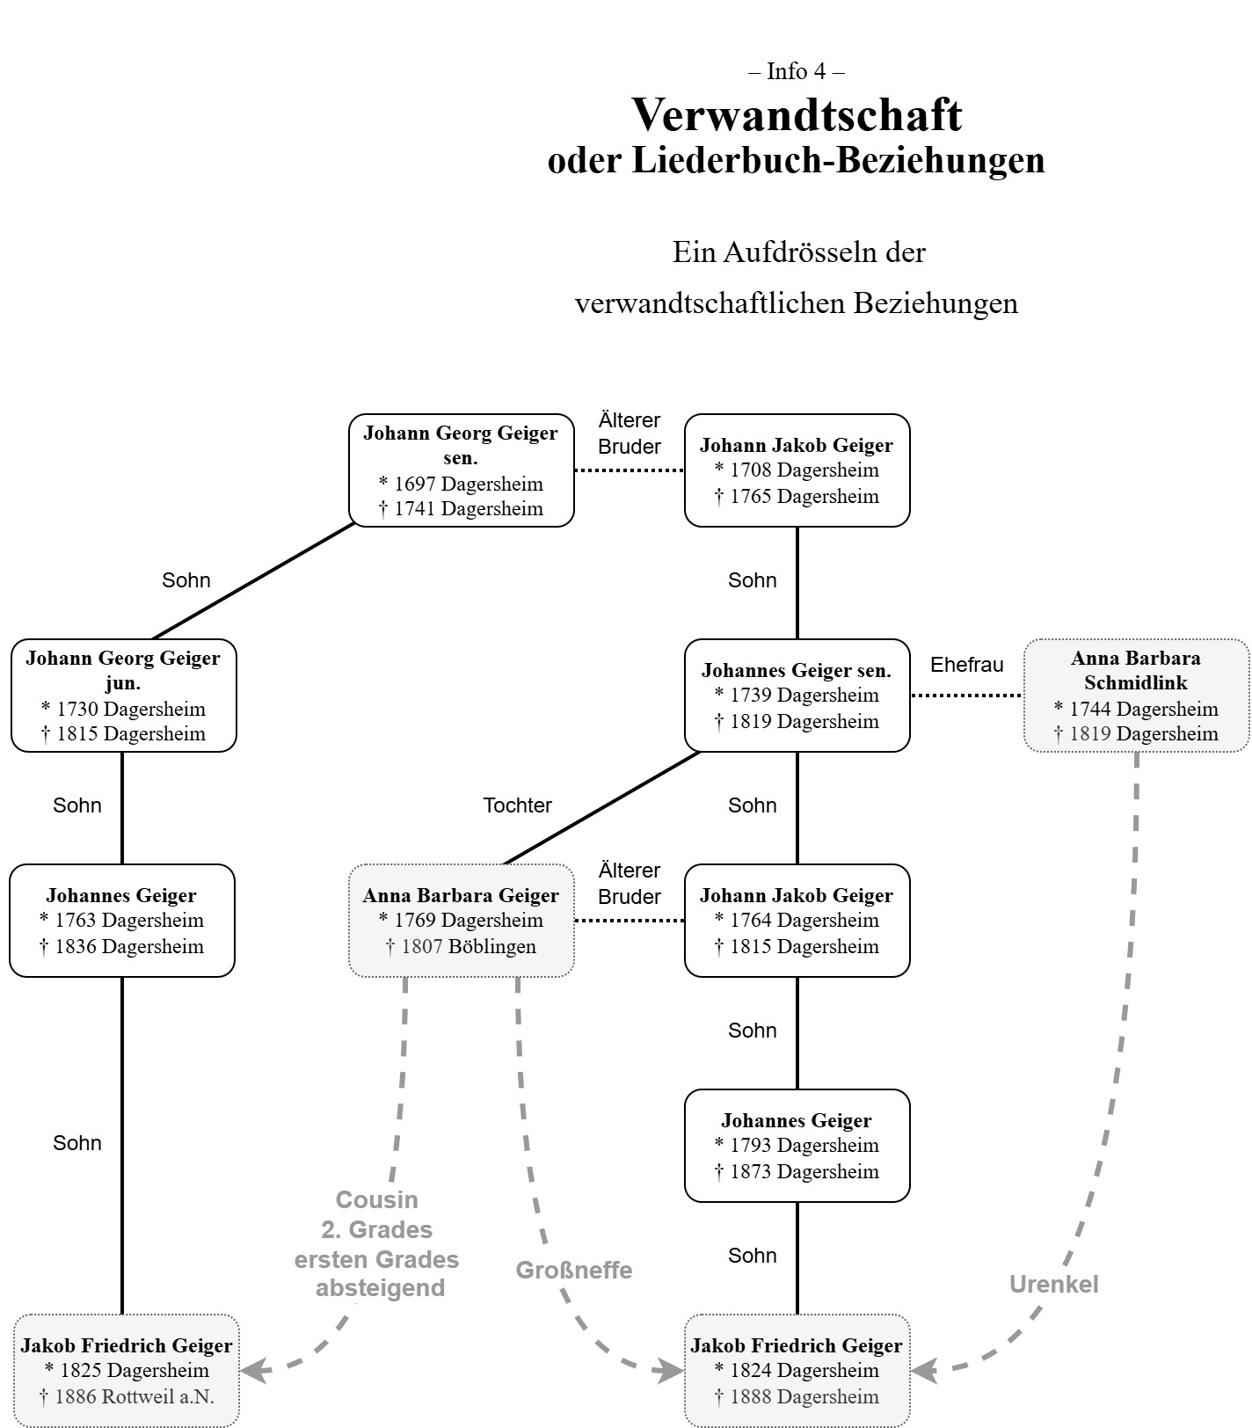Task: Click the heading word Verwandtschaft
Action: coord(797,114)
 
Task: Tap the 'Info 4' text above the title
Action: coord(797,71)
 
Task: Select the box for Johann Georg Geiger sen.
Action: coord(461,470)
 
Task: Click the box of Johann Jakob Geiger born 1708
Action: coord(797,470)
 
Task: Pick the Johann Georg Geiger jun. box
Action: coord(123,696)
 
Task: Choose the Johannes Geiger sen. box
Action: coord(797,696)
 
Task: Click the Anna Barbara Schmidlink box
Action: coord(1136,696)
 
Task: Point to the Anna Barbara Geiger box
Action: coord(461,921)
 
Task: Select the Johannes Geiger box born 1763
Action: coord(121,921)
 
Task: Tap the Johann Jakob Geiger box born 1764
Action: coord(797,921)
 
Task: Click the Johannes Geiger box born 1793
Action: coord(797,1146)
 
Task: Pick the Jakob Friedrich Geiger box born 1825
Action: coord(127,1371)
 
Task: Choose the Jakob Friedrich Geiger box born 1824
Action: coord(797,1371)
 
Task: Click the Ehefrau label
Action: coord(966,665)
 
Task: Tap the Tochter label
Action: coord(517,805)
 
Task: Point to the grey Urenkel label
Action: coord(1053,1285)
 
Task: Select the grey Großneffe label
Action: coord(573,1271)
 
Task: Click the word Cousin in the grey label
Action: coord(376,1200)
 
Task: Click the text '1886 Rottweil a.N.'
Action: coord(134,1396)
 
